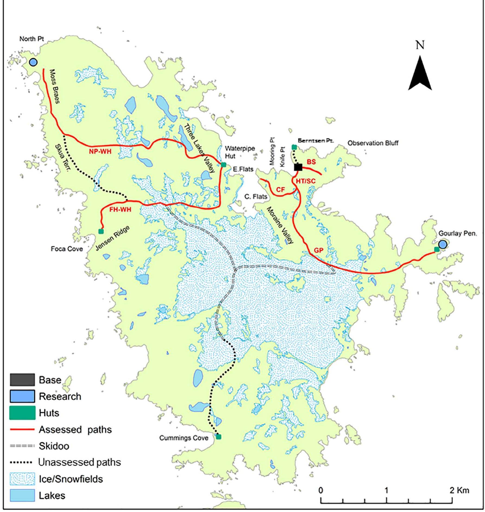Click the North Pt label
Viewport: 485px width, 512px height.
(x=32, y=39)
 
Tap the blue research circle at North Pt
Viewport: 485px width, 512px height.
(x=33, y=62)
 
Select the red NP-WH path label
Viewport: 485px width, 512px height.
(x=100, y=152)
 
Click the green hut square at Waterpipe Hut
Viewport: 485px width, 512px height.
(x=223, y=165)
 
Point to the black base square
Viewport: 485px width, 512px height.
(x=298, y=167)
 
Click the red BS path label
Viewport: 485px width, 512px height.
(x=311, y=162)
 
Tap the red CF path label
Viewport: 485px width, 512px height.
(x=280, y=190)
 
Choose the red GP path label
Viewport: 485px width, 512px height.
(x=319, y=251)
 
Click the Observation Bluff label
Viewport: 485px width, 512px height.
(x=373, y=143)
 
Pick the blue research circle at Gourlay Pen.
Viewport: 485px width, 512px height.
(x=443, y=244)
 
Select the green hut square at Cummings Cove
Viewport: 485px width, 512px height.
(x=219, y=437)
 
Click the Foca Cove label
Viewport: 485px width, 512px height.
(x=67, y=249)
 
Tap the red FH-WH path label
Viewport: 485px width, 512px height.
(x=120, y=210)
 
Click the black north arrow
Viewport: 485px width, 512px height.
(x=420, y=73)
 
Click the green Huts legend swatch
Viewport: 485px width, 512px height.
(x=22, y=413)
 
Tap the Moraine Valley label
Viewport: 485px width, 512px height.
(x=280, y=225)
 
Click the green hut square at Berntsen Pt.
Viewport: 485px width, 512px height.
(x=294, y=147)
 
